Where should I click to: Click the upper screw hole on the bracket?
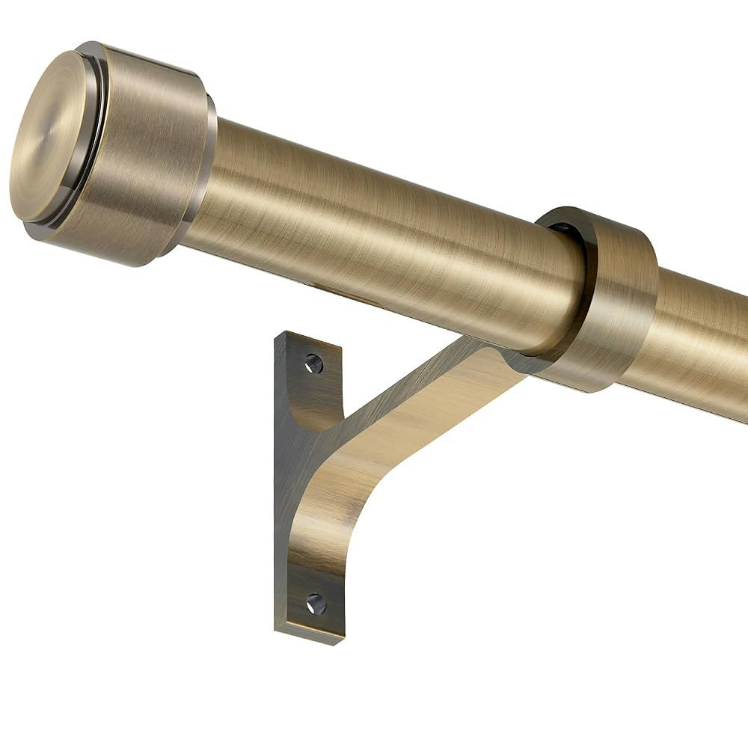pos(313,364)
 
